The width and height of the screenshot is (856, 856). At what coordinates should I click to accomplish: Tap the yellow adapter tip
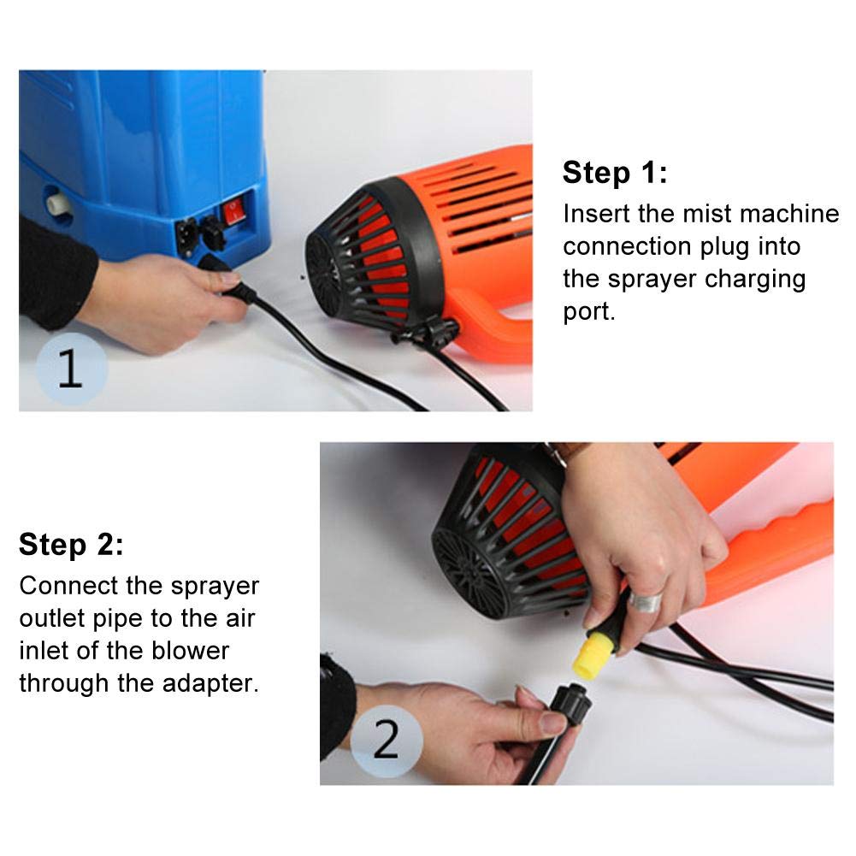point(589,660)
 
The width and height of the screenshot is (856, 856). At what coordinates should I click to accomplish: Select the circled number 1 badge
point(72,369)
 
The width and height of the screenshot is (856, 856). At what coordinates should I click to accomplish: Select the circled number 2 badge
point(387,741)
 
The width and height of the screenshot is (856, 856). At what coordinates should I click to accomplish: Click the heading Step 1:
point(615,173)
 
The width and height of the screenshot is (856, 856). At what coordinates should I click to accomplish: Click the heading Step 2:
point(72,544)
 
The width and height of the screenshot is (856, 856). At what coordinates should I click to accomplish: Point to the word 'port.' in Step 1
point(589,313)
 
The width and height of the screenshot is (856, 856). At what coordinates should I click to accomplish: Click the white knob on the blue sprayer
point(58,203)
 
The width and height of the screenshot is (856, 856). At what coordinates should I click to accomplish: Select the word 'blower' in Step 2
point(190,651)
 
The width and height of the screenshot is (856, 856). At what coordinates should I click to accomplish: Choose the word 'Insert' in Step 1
point(597,214)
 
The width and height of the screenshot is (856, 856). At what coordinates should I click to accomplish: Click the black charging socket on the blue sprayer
point(187,236)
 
